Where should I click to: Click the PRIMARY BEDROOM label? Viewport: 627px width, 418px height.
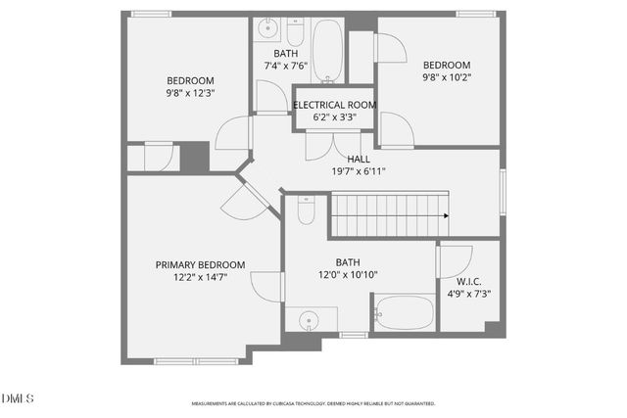[x=200, y=264]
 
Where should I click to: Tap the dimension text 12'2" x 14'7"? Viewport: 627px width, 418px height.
[x=200, y=277]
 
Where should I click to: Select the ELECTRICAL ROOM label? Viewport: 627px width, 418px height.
[x=334, y=105]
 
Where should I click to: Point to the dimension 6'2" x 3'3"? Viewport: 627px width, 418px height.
[x=334, y=117]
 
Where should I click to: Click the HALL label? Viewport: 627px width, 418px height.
[x=359, y=159]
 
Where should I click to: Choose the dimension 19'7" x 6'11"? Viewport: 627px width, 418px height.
[x=359, y=171]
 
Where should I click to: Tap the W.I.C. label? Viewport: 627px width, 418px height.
[x=469, y=281]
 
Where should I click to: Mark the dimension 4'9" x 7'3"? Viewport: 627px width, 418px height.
[x=469, y=294]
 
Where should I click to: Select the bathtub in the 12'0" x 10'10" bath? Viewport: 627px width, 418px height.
[x=404, y=313]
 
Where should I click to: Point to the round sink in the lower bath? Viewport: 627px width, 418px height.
[x=311, y=319]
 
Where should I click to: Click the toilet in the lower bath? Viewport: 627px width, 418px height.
[x=306, y=209]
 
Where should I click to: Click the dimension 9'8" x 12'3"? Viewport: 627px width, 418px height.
[x=190, y=93]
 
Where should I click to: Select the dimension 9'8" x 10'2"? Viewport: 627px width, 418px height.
[x=446, y=77]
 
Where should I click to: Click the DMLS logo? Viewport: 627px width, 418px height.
[x=18, y=398]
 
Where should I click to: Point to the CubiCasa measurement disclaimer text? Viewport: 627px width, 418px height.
[x=313, y=403]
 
